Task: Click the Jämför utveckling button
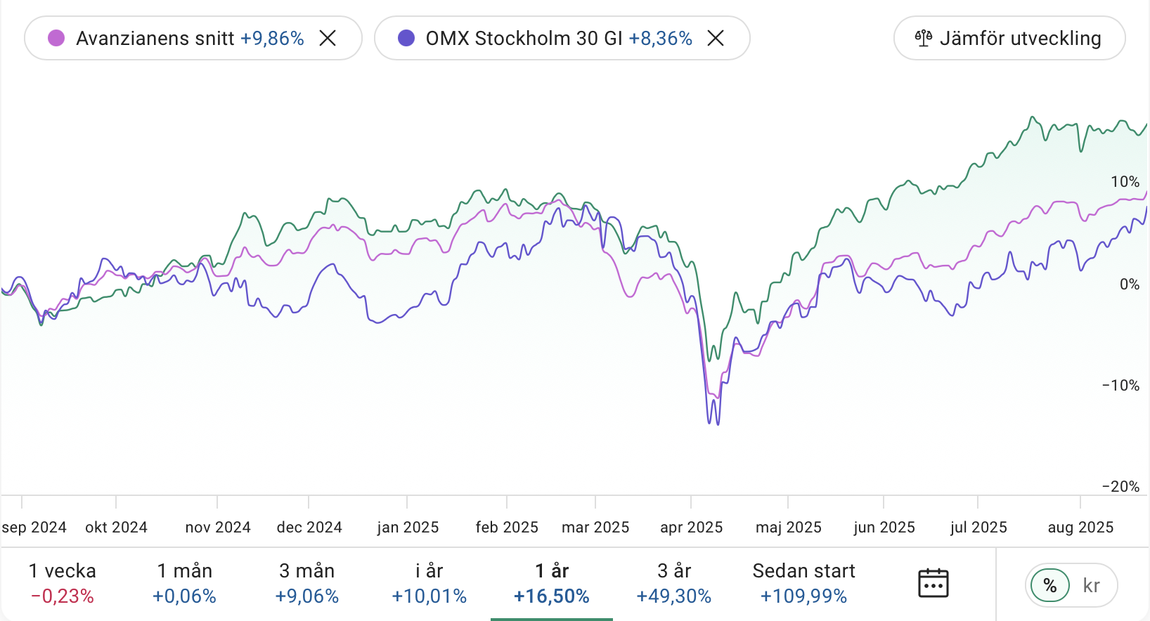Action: [1009, 38]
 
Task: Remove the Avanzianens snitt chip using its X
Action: [328, 38]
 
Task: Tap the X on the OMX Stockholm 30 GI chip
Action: [716, 38]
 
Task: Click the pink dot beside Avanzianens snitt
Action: [56, 38]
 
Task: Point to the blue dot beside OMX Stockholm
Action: [406, 38]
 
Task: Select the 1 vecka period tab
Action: [63, 583]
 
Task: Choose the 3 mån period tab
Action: [306, 583]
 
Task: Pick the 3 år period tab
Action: [673, 583]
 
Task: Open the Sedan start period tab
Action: [803, 583]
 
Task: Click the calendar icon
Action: [933, 584]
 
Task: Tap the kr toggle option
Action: [1091, 585]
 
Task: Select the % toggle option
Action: [1050, 585]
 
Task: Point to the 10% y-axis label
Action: [1125, 182]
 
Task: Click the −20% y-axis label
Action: [1120, 486]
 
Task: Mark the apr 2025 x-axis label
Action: [691, 527]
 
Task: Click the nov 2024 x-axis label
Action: [218, 527]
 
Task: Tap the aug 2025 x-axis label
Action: [1080, 527]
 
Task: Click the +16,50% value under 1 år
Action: [552, 596]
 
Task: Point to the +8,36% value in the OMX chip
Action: [660, 38]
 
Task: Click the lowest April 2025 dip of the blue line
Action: [717, 424]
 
